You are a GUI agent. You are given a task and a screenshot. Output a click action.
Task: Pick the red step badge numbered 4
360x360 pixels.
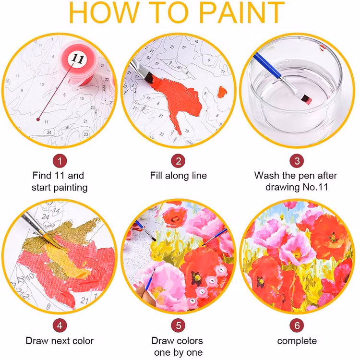(60, 325)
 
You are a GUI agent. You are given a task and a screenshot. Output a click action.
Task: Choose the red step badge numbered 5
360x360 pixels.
(179, 325)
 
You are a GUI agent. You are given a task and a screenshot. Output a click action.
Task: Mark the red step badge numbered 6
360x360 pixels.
(297, 325)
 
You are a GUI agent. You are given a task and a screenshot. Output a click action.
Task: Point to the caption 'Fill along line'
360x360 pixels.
(179, 176)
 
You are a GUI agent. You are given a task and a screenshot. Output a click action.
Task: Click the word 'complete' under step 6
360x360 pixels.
(297, 341)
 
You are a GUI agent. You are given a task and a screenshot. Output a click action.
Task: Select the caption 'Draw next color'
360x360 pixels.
(60, 341)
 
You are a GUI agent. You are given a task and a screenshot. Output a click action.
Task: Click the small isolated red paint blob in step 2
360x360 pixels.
(222, 91)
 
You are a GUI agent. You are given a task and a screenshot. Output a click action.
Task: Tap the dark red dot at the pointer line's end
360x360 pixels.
(38, 116)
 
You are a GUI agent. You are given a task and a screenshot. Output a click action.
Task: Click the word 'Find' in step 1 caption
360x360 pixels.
(42, 176)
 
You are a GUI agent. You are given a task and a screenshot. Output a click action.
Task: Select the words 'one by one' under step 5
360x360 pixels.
(179, 353)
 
